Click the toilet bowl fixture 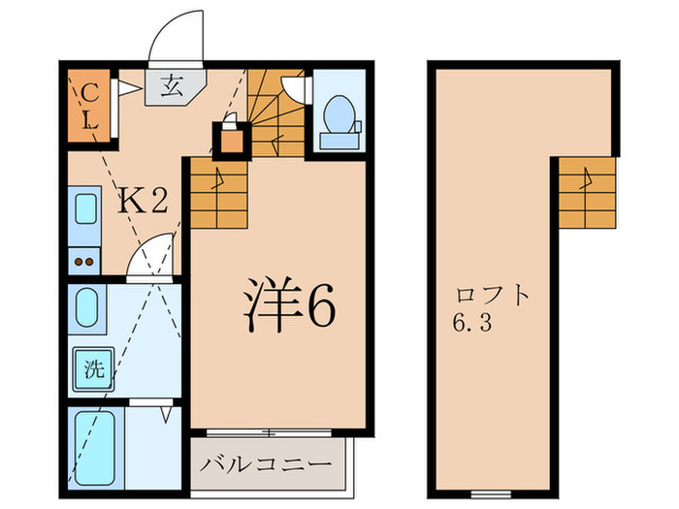pyautogui.click(x=339, y=118)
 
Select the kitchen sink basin pyautogui.click(x=85, y=218)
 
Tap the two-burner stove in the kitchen pyautogui.click(x=84, y=261)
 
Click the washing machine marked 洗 pyautogui.click(x=93, y=369)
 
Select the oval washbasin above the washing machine pyautogui.click(x=86, y=308)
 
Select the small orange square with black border pyautogui.click(x=231, y=142)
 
